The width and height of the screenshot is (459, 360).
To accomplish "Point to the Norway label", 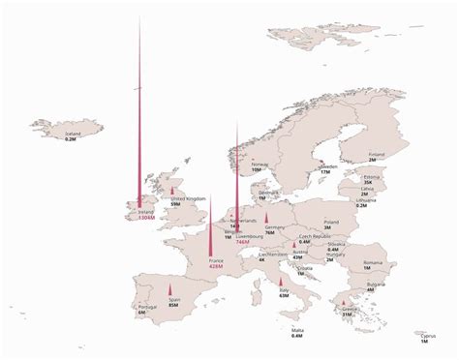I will (x=260, y=164).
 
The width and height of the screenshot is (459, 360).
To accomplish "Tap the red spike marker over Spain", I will (x=171, y=289).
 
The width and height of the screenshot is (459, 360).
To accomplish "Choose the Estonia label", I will (x=371, y=177).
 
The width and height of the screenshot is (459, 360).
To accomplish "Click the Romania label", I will (x=373, y=262).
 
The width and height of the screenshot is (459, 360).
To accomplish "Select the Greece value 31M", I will (x=348, y=314).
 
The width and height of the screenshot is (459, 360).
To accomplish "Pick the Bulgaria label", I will (x=371, y=285).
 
